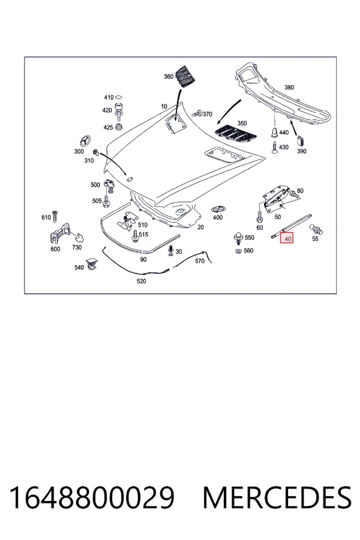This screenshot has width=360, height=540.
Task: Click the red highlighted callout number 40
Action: pyautogui.click(x=287, y=238)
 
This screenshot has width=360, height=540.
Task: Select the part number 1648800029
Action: pyautogui.click(x=92, y=497)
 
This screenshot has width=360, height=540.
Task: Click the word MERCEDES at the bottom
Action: pyautogui.click(x=277, y=497)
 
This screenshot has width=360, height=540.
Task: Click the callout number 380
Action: pyautogui.click(x=289, y=88)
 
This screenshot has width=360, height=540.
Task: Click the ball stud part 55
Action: pyautogui.click(x=316, y=229)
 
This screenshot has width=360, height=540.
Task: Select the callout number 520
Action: pyautogui.click(x=141, y=281)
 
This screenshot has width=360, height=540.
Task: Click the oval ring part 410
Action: pyautogui.click(x=119, y=97)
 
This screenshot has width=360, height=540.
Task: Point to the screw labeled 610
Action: pyautogui.click(x=55, y=216)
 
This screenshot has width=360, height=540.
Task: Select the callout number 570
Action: pyautogui.click(x=199, y=261)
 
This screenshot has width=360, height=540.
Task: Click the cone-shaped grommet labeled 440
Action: pyautogui.click(x=275, y=132)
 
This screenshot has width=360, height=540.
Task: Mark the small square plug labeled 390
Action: pyautogui.click(x=301, y=140)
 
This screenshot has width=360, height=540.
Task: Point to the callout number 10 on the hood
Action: pyautogui.click(x=164, y=106)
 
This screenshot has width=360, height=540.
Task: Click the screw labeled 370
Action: pyautogui.click(x=199, y=113)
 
